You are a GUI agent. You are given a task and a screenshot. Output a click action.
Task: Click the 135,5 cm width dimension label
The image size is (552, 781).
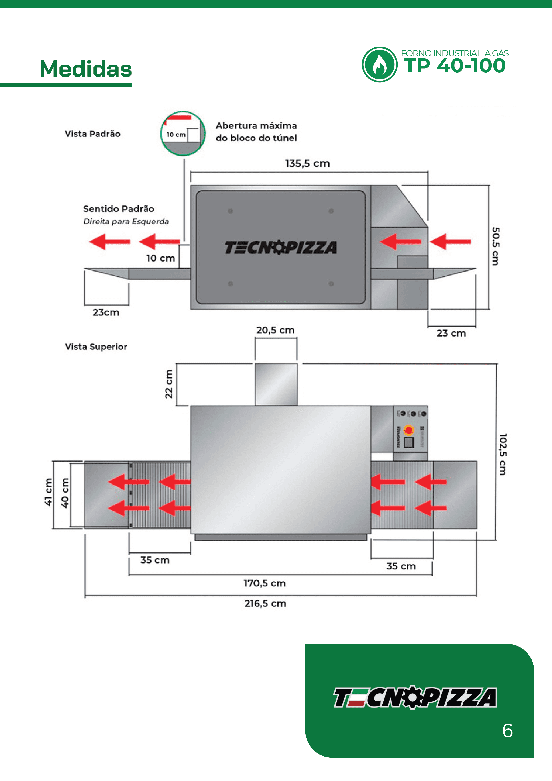click(307, 164)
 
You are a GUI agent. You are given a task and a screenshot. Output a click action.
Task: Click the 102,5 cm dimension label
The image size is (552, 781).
click(502, 454)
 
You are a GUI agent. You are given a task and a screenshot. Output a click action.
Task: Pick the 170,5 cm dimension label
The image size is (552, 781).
click(264, 583)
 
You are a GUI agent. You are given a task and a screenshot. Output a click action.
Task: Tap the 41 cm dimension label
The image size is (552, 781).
click(49, 492)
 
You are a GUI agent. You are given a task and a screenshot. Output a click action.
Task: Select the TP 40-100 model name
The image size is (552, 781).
click(454, 66)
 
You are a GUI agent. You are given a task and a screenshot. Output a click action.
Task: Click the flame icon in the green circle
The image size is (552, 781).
click(379, 65)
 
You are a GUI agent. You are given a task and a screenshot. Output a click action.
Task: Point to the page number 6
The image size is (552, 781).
click(508, 731)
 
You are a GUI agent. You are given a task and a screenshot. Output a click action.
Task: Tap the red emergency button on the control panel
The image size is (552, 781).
click(409, 430)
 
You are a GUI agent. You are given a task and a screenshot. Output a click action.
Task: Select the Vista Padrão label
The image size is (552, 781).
click(93, 134)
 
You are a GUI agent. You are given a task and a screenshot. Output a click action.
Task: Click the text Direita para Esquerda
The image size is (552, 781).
click(126, 221)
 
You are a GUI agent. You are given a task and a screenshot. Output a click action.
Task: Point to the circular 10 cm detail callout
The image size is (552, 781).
click(183, 133)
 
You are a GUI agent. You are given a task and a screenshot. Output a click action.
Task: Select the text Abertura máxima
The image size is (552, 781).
click(256, 126)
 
